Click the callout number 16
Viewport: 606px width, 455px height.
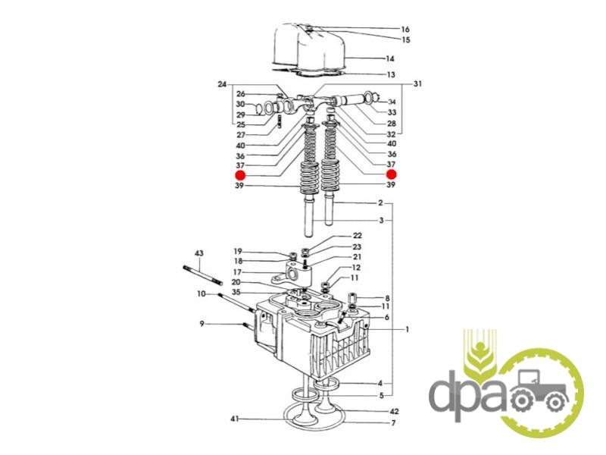tap(405, 29)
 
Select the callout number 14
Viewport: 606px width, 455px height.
tap(390, 58)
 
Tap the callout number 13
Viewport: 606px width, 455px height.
tap(391, 74)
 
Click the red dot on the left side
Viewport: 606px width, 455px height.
tap(240, 175)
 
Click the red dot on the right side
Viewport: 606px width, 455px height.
tap(392, 174)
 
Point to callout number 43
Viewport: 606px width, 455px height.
tap(198, 253)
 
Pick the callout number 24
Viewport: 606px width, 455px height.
tap(222, 84)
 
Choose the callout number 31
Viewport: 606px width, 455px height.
tap(418, 83)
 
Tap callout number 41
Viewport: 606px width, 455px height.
tap(235, 419)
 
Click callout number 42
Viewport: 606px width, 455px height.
tap(394, 411)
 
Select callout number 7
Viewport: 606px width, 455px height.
tap(393, 423)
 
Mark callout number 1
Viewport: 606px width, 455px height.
tap(407, 329)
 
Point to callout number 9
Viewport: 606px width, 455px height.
tap(201, 324)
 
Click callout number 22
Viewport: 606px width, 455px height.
tap(357, 236)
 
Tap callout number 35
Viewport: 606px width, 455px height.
tap(236, 292)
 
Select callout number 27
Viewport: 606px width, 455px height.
tap(241, 135)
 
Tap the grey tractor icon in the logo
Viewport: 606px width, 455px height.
tap(539, 390)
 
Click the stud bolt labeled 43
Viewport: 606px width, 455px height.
tap(202, 275)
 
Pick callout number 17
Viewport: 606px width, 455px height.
tap(237, 272)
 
